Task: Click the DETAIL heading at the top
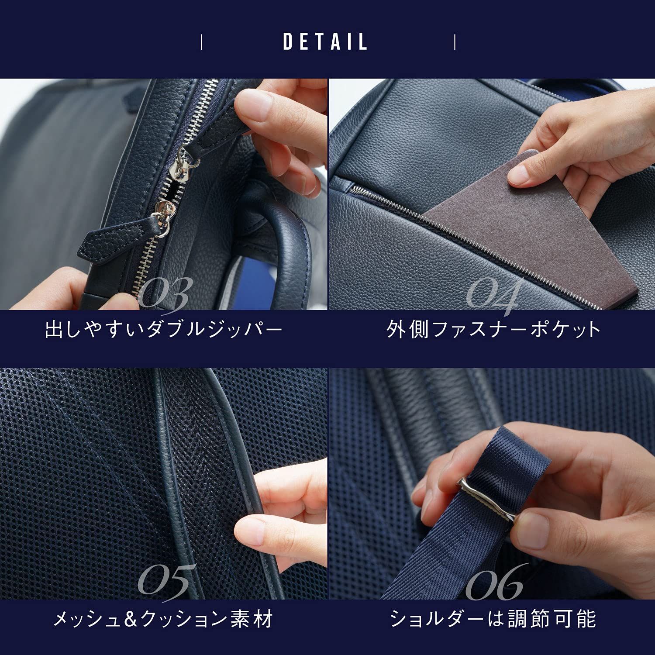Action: click(325, 42)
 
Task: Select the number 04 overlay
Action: click(492, 295)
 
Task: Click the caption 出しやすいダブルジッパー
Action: click(164, 329)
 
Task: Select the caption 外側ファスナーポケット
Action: click(494, 329)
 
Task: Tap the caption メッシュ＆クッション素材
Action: click(163, 619)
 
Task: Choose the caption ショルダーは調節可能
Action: click(493, 619)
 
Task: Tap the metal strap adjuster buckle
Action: click(487, 498)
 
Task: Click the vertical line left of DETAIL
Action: click(201, 42)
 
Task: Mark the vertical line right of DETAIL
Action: click(455, 42)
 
